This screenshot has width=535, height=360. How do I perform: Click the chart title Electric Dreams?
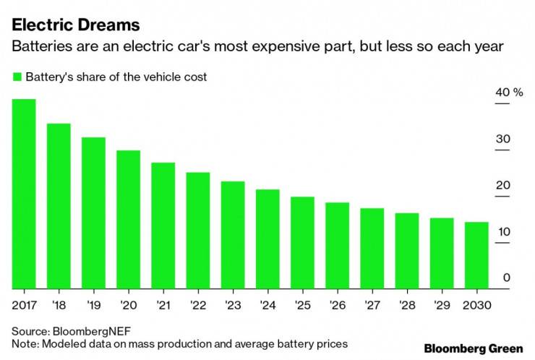[x=75, y=25]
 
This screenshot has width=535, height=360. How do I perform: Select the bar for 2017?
[x=24, y=194]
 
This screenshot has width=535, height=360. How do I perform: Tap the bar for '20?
[x=128, y=220]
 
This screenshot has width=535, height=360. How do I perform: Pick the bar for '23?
[x=233, y=235]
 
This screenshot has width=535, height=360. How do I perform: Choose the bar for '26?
[x=337, y=246]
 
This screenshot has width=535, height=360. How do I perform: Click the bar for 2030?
[x=476, y=255]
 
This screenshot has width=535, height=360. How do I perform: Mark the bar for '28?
[x=407, y=251]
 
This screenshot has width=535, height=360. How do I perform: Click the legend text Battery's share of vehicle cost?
[x=116, y=77]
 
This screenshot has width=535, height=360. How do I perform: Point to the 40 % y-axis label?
[x=508, y=93]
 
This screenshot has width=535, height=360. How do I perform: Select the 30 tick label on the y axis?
[x=503, y=139]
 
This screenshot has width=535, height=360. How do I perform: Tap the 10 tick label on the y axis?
[x=503, y=231]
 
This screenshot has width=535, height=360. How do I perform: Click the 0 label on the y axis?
[x=507, y=278]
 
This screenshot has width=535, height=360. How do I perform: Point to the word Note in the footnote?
[x=24, y=343]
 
